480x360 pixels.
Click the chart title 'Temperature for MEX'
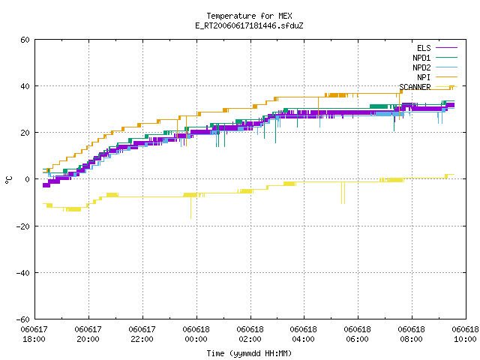click(249, 16)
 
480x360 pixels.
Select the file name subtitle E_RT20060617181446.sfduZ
click(249, 25)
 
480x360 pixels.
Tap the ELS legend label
click(424, 48)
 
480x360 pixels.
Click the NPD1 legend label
click(421, 58)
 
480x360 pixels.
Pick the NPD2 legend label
click(421, 67)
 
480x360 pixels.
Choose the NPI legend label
click(424, 77)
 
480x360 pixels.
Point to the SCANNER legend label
click(415, 87)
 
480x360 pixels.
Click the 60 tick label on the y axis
click(25, 40)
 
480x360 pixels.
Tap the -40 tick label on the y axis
click(23, 273)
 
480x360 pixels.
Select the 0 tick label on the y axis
click(28, 179)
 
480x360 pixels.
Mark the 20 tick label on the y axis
click(25, 133)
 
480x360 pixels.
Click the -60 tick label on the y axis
click(23, 319)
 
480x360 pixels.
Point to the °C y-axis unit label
click(9, 180)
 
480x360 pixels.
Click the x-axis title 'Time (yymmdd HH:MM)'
click(249, 353)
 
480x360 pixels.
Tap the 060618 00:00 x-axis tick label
click(196, 334)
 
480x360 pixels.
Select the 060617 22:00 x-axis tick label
click(142, 334)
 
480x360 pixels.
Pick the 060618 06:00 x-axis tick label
click(357, 334)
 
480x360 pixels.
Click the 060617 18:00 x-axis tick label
click(34, 334)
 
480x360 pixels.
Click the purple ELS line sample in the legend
click(446, 48)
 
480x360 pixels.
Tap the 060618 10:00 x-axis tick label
click(465, 334)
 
